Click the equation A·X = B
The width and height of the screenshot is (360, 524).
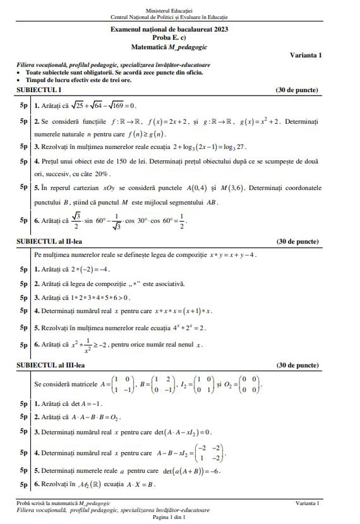139,485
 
